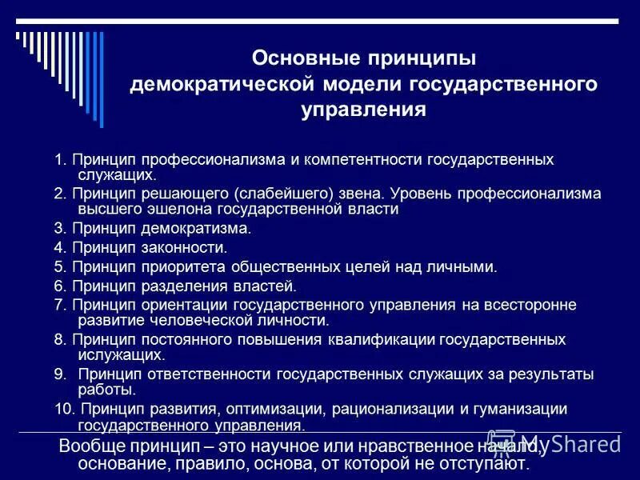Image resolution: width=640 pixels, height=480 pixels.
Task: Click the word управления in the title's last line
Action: tap(363, 110)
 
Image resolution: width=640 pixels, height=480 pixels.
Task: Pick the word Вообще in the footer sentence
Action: tap(93, 446)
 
